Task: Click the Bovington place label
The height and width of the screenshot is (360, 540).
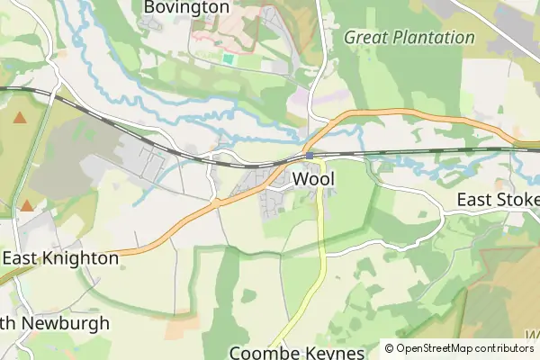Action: pyautogui.click(x=186, y=7)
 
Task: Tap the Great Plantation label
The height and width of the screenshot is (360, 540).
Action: pyautogui.click(x=409, y=38)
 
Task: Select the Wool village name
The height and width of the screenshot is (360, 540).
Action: pyautogui.click(x=314, y=179)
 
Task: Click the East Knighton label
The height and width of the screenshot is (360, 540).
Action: pyautogui.click(x=60, y=258)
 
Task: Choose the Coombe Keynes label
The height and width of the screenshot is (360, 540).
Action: pyautogui.click(x=297, y=353)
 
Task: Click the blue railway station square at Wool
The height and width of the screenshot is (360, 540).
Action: pyautogui.click(x=310, y=156)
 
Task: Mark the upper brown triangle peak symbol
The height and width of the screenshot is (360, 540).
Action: pyautogui.click(x=20, y=117)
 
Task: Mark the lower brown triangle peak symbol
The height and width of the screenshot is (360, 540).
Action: pyautogui.click(x=27, y=206)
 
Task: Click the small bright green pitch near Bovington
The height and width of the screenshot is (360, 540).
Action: pyautogui.click(x=228, y=59)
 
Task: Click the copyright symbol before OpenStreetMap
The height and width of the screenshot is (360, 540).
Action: pyautogui.click(x=390, y=348)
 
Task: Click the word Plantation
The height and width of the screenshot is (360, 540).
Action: pyautogui.click(x=430, y=38)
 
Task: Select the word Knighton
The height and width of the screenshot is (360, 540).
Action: pyautogui.click(x=78, y=258)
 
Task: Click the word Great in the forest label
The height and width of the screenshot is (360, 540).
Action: pyautogui.click(x=365, y=38)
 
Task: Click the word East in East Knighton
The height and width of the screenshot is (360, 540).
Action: pyautogui.click(x=19, y=258)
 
